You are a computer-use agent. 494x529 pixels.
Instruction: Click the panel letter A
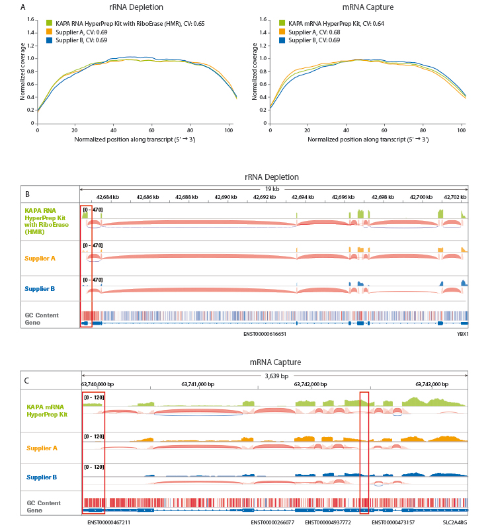click(x=24, y=8)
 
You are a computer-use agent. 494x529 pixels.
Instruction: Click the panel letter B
click(x=26, y=194)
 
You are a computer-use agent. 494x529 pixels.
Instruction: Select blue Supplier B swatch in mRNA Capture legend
click(x=282, y=40)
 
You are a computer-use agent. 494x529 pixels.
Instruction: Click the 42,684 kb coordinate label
click(x=108, y=197)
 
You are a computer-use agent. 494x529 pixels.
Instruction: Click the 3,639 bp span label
click(x=274, y=376)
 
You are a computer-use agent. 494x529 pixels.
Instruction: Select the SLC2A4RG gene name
click(x=456, y=522)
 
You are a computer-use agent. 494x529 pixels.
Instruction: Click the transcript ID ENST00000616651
click(x=265, y=334)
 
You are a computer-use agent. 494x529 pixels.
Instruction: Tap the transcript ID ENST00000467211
click(x=108, y=522)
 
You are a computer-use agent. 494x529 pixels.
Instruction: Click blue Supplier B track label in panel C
click(x=41, y=477)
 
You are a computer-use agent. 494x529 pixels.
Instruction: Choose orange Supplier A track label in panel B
click(x=40, y=258)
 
